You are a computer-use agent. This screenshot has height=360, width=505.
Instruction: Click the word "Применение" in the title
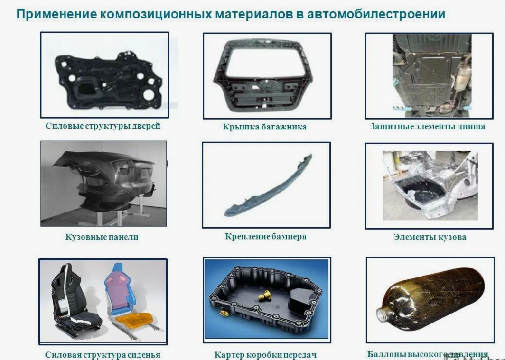(x=56, y=14)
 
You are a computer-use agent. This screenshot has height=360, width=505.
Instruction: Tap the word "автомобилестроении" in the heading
(x=376, y=14)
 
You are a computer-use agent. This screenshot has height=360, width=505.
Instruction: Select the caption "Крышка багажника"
(x=264, y=127)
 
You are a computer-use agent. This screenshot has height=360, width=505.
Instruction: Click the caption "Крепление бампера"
(x=266, y=237)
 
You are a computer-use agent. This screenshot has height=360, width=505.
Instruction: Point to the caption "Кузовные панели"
(x=102, y=237)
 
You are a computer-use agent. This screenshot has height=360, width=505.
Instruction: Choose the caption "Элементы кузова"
(x=430, y=237)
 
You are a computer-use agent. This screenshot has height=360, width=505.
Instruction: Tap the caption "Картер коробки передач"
(x=265, y=355)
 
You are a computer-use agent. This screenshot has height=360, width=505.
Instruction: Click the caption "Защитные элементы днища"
(x=428, y=127)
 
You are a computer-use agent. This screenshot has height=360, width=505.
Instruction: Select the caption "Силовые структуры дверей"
(x=103, y=126)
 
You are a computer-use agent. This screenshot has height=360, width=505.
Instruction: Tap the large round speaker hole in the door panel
(x=149, y=95)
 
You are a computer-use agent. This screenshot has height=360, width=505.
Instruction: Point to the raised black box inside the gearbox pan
(x=301, y=300)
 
